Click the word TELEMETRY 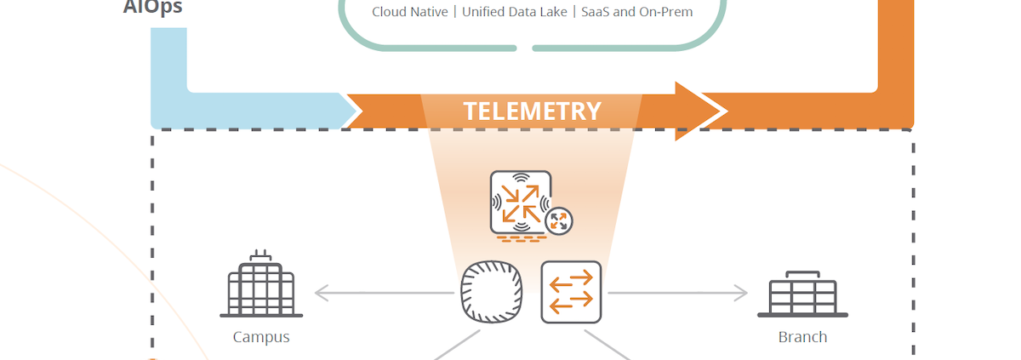532,111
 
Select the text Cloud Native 410,12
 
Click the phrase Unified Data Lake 515,12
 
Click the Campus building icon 261,287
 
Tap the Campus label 261,337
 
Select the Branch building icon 802,294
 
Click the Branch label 802,337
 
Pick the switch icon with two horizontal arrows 571,292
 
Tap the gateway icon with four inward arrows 520,203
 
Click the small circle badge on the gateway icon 558,221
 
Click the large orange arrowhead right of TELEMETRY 698,111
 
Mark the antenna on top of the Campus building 260,255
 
